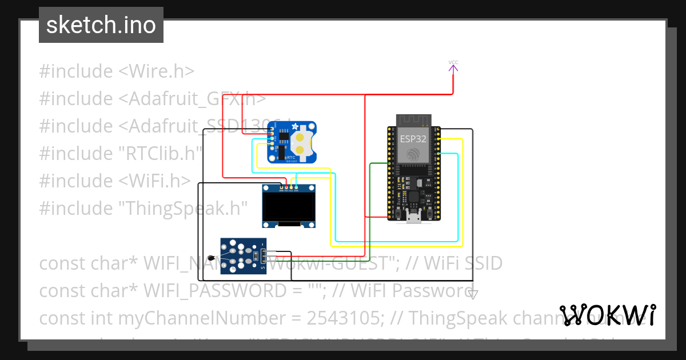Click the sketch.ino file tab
[101, 25]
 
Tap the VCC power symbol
[453, 67]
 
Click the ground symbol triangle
[473, 294]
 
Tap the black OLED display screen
[288, 209]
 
